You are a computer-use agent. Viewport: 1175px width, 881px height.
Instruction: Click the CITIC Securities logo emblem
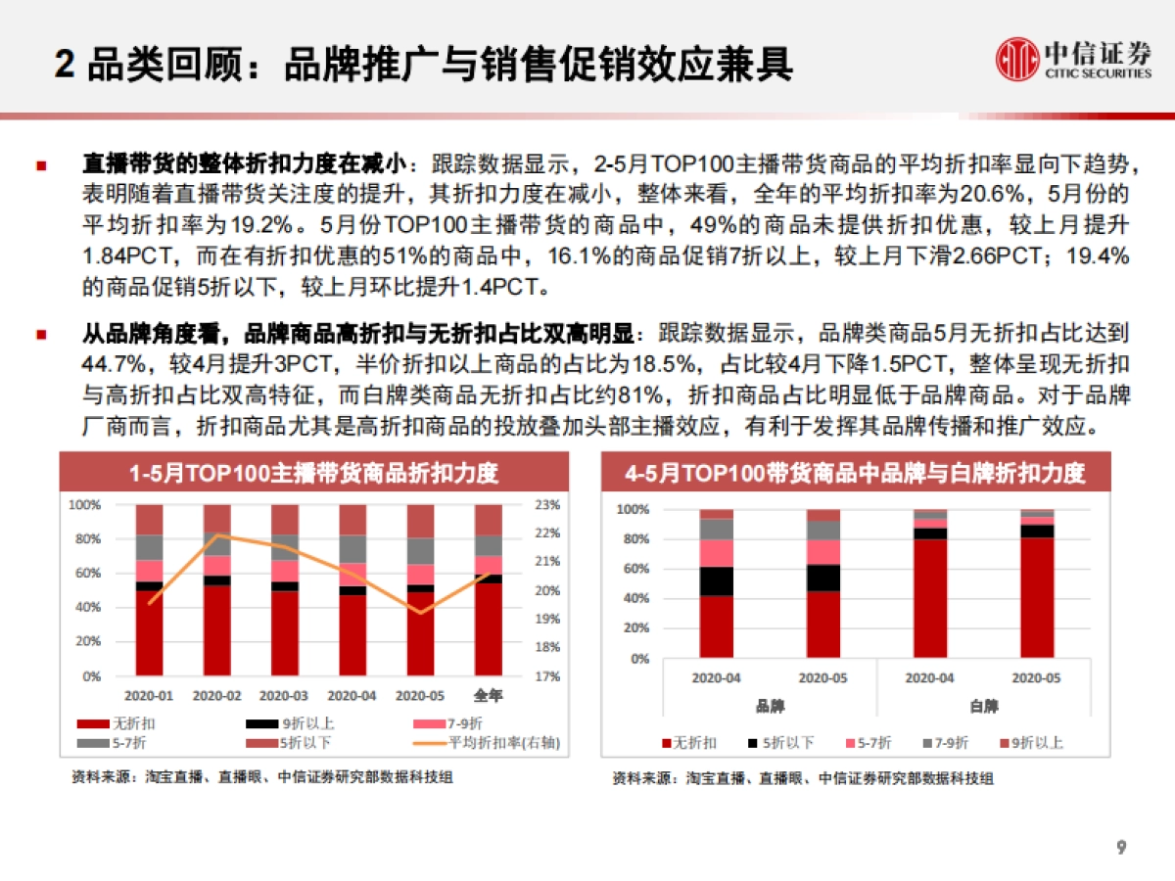point(1018,61)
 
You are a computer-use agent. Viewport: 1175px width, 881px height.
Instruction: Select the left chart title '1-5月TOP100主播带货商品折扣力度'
point(314,474)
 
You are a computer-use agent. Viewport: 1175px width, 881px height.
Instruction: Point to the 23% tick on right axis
point(547,505)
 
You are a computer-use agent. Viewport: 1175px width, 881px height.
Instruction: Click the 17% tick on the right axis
point(547,676)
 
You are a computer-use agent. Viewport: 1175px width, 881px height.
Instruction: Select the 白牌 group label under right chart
point(984,706)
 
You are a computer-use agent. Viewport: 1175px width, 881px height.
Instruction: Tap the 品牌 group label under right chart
point(770,706)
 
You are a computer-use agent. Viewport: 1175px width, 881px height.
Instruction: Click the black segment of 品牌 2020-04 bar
point(717,581)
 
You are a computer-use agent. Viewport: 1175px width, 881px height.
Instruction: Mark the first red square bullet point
point(41,162)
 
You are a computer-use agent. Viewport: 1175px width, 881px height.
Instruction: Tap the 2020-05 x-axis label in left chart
point(419,696)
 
